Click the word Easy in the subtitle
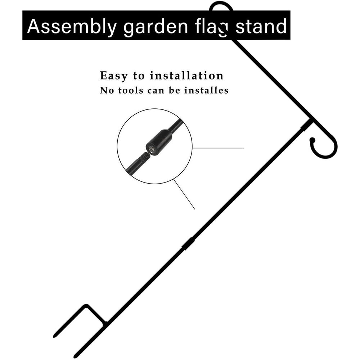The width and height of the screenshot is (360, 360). click(x=113, y=76)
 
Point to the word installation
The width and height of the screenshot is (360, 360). click(x=186, y=76)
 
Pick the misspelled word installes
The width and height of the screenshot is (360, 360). click(x=206, y=90)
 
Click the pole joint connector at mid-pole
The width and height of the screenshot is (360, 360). click(x=188, y=244)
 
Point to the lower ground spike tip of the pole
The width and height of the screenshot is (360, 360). click(x=75, y=356)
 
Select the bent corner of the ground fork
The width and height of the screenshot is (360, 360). click(x=86, y=306)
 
